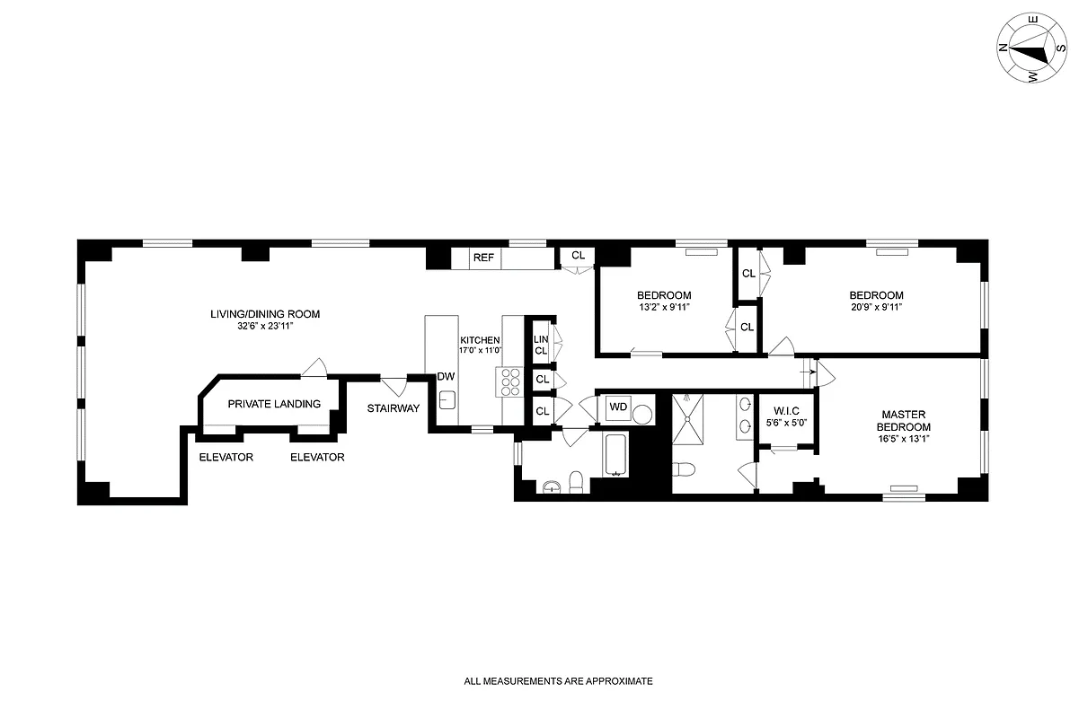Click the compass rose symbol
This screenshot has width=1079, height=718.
1031,49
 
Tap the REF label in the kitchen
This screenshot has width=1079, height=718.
483,258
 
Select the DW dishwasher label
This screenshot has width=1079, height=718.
446,377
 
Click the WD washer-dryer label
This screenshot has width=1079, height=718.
618,407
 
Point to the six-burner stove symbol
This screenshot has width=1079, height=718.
509,381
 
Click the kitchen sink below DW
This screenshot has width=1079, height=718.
447,398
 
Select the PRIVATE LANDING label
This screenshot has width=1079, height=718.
274,404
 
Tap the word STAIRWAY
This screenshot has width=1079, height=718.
394,408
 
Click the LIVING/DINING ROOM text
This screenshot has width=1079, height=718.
265,314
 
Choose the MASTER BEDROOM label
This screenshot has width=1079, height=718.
904,421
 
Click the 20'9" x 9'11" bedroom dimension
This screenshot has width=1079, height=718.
876,307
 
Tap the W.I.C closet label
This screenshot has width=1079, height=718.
786,410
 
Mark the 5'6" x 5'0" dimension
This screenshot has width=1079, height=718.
786,422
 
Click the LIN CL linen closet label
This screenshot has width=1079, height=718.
541,345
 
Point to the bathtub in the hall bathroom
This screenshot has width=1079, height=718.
616,455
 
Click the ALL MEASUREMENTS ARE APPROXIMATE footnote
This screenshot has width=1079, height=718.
558,681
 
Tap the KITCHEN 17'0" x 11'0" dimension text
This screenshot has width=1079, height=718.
480,351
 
